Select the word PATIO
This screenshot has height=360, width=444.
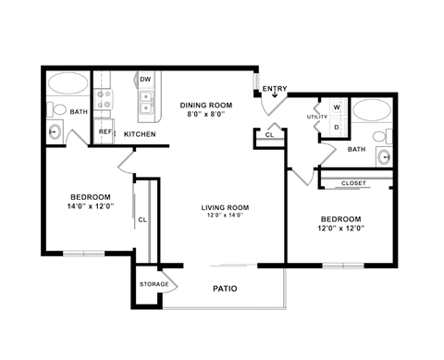pos(224,289)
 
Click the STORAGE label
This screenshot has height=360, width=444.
pos(154,284)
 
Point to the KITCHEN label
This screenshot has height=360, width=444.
pos(140,134)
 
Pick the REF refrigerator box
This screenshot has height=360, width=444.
pos(106,131)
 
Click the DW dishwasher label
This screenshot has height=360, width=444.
pos(145,80)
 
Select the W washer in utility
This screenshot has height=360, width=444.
pos(336,106)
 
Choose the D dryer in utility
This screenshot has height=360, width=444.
pos(336,127)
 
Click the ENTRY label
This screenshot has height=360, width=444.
pos(275,89)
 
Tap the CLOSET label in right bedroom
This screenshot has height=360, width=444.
pos(353,183)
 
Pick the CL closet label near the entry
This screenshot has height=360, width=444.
pos(269,135)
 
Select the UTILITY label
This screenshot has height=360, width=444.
pos(317,118)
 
